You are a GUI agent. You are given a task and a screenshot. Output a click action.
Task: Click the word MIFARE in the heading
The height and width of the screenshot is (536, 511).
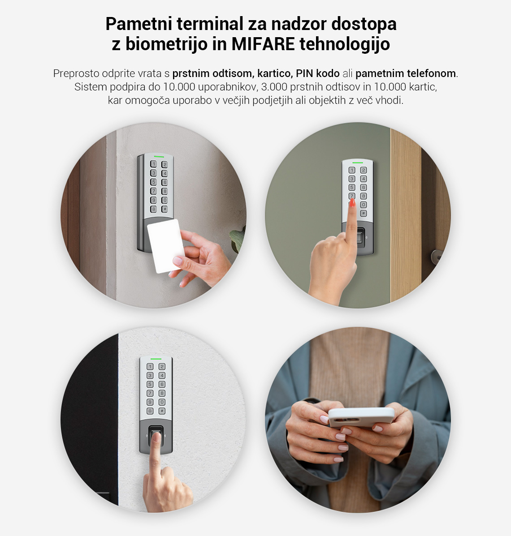[x=263, y=44]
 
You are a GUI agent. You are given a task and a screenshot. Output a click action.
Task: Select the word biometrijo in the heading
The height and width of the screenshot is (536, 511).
[x=166, y=44]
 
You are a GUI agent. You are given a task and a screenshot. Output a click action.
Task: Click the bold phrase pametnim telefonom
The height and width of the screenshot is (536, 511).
[x=406, y=73]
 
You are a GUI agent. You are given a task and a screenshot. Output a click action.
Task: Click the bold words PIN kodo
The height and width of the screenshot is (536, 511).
[x=318, y=73]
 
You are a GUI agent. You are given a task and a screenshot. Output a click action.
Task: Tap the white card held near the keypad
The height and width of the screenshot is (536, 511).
[x=166, y=246]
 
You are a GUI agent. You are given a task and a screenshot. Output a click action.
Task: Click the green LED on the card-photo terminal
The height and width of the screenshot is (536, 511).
[x=159, y=157]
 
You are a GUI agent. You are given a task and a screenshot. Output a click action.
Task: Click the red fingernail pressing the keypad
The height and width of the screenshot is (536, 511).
[x=352, y=203]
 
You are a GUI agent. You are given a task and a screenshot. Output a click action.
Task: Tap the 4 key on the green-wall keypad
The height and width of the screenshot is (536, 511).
[x=364, y=179]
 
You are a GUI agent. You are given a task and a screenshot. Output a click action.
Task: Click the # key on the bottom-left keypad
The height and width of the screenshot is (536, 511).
[x=162, y=411]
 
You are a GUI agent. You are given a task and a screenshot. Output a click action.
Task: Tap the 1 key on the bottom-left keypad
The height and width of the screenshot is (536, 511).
[x=150, y=366]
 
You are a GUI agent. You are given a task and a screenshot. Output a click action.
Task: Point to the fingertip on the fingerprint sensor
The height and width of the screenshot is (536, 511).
[x=156, y=437]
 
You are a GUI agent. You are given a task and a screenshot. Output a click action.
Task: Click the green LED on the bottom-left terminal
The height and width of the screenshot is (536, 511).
[x=156, y=359]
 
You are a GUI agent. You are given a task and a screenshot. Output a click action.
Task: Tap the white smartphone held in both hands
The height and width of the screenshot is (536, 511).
[x=361, y=417]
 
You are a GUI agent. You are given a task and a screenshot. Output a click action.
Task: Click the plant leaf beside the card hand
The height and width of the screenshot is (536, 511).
[x=237, y=238]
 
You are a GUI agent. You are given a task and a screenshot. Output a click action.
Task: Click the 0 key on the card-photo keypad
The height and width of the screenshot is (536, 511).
[x=165, y=200]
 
